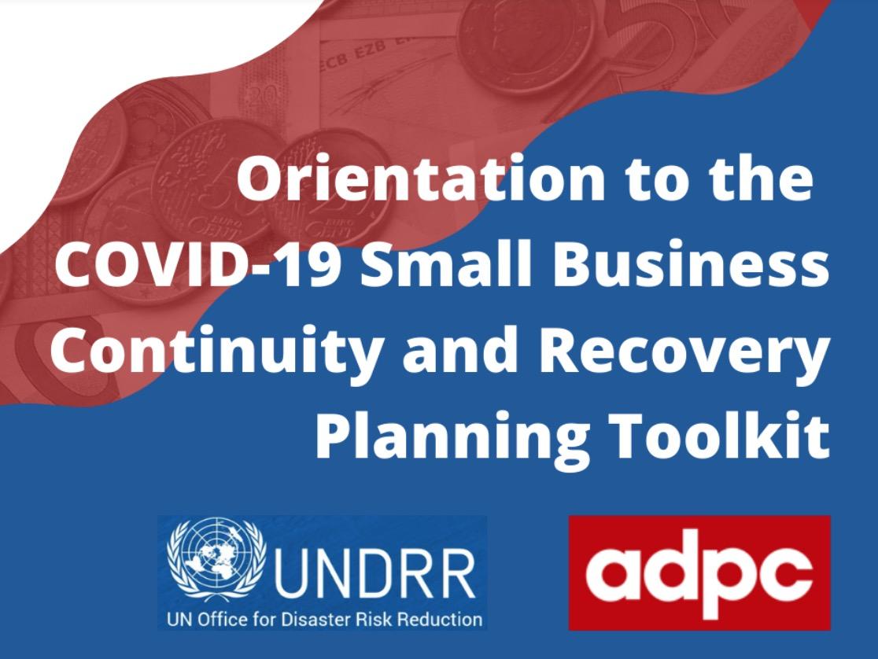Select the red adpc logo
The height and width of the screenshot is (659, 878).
tap(699, 572)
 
